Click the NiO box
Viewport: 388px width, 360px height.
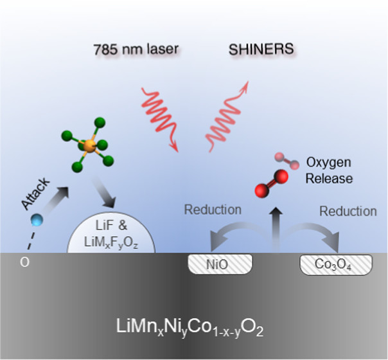coord(219,264)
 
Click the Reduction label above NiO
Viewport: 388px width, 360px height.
coord(213,210)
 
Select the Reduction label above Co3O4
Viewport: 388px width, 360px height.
coord(348,211)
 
